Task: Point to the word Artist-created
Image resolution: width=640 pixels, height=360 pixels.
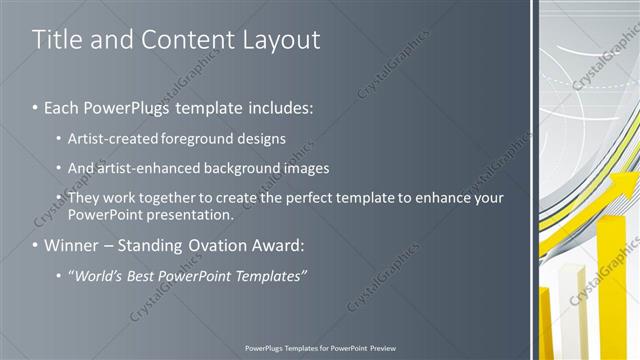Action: click(107, 137)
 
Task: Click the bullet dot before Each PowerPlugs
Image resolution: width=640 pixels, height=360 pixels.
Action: click(35, 105)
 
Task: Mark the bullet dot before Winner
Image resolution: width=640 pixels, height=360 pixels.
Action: click(35, 245)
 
